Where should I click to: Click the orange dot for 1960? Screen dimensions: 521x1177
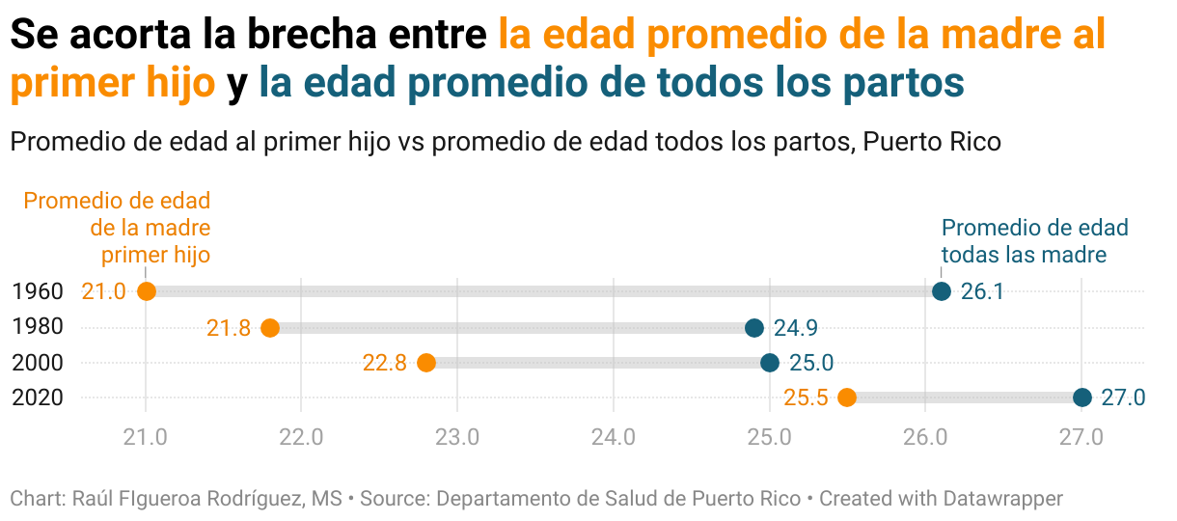(147, 291)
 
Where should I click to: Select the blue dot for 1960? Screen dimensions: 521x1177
(942, 291)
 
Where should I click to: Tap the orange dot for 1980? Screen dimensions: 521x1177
(270, 328)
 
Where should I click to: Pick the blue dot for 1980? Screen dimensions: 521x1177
(754, 328)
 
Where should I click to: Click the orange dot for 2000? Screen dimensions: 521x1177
(426, 363)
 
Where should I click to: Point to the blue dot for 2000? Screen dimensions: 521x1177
(770, 363)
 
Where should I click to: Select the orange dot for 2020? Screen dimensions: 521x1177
(847, 398)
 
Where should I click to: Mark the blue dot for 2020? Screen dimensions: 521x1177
(1082, 398)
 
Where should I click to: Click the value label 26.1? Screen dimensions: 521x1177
(983, 291)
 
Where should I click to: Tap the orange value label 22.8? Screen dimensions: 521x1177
(385, 364)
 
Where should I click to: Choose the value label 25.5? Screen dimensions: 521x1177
(806, 398)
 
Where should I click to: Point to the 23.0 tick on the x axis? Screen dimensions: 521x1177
(457, 437)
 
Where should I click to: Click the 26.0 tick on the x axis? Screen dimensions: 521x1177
(925, 437)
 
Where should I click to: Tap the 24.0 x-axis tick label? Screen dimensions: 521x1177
(614, 437)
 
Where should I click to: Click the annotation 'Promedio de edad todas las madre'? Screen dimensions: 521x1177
(1034, 241)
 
